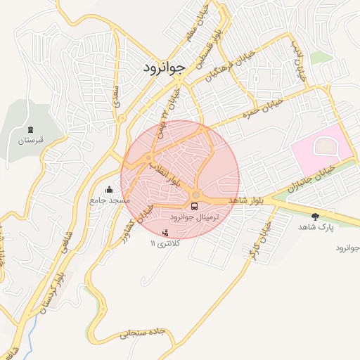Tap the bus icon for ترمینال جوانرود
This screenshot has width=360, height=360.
[x=195, y=206]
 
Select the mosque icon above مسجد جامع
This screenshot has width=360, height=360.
[x=109, y=190]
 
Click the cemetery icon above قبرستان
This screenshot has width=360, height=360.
[x=30, y=129]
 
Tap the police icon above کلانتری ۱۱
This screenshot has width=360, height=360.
[x=166, y=232]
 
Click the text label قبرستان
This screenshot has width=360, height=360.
[x=30, y=141]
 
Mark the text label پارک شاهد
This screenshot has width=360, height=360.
[x=314, y=227]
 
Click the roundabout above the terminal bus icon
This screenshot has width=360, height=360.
[x=196, y=195]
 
